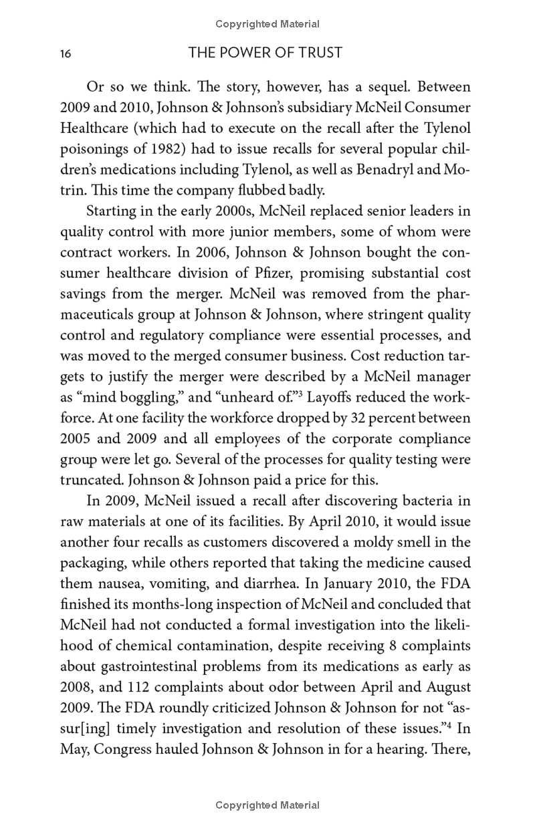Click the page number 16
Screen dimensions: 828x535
[66, 54]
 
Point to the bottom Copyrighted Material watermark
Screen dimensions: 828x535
[267, 805]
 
